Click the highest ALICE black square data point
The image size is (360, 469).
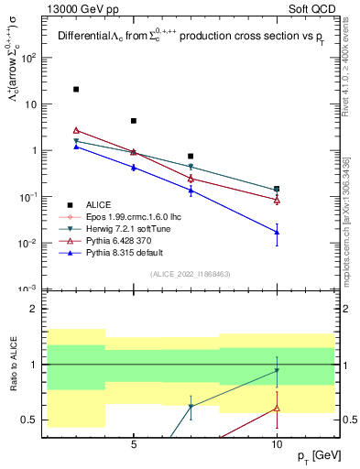[76, 89]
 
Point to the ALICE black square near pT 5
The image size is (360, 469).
[134, 121]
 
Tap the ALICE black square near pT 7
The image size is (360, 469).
[191, 157]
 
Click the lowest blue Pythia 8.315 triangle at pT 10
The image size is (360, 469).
[277, 232]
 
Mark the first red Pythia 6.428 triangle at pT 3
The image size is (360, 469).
[76, 130]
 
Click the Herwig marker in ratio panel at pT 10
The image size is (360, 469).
[277, 371]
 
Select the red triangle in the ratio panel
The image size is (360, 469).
[277, 408]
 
